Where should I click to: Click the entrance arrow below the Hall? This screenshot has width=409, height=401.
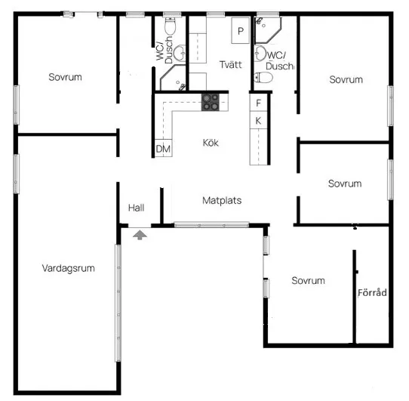(140, 235)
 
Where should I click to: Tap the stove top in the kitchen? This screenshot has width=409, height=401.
(211, 102)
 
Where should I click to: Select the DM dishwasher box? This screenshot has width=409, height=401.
(163, 148)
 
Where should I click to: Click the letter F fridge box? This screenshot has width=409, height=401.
(259, 103)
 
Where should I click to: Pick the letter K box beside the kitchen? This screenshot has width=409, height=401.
(259, 120)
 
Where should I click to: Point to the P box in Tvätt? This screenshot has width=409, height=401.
(241, 30)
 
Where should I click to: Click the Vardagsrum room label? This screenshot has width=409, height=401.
(69, 268)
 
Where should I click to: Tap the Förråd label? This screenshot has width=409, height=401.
(372, 293)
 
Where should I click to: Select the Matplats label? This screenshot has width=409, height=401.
(222, 201)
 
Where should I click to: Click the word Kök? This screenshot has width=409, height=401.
(211, 143)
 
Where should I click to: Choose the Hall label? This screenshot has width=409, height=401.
(136, 208)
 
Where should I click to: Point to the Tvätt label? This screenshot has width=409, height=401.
(231, 64)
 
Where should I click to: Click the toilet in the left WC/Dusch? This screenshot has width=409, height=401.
(171, 26)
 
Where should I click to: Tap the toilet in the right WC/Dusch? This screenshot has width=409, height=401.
(263, 78)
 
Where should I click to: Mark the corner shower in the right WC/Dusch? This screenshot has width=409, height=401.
(268, 30)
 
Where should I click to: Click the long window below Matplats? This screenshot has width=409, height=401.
(211, 224)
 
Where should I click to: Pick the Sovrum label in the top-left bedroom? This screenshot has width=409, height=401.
(65, 77)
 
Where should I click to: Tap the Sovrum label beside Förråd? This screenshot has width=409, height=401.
(309, 281)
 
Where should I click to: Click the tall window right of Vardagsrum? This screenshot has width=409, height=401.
(118, 303)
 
